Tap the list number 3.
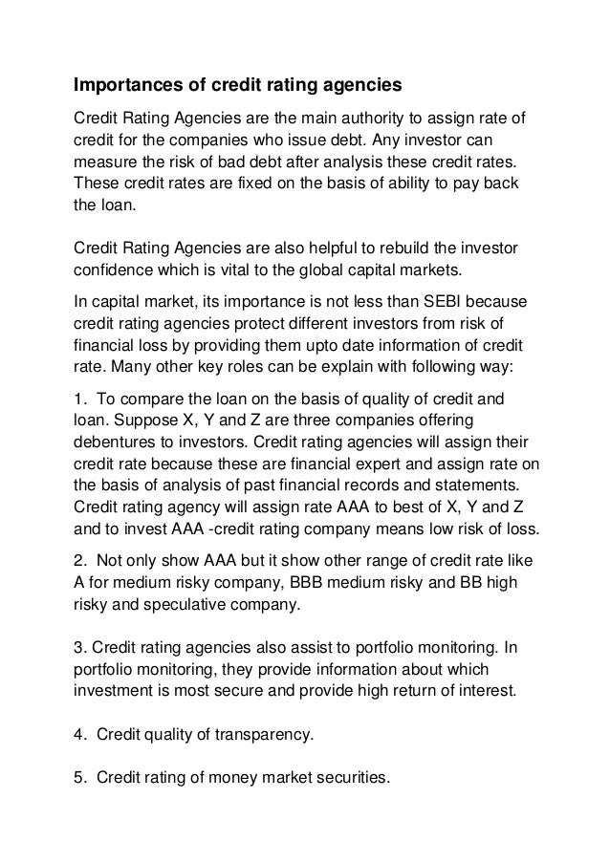pos(79,646)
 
